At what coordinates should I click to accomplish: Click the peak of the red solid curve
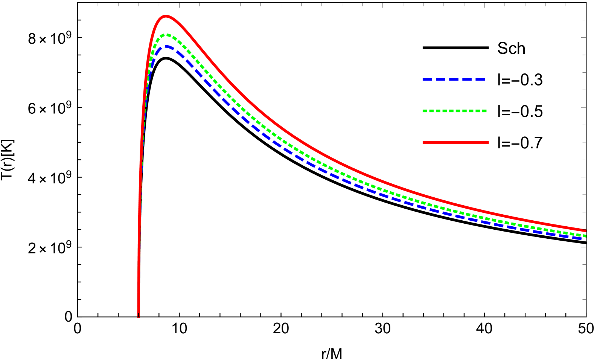(x=166, y=16)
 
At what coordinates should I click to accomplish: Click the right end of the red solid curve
(x=586, y=230)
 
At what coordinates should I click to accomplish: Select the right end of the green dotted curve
(x=586, y=236)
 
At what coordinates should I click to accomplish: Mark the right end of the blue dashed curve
(x=585, y=239)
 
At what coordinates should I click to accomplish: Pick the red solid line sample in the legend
(x=455, y=142)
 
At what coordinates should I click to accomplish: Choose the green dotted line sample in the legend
(x=455, y=111)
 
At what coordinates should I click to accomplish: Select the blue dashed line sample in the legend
(x=454, y=80)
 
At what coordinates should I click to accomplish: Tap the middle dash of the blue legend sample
(x=454, y=80)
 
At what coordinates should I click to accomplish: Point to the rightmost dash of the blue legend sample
(x=481, y=80)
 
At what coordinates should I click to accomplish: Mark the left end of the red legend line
(x=423, y=142)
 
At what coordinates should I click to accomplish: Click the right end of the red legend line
(x=488, y=142)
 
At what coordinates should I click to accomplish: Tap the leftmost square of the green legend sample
(x=425, y=111)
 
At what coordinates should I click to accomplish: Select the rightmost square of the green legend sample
(x=485, y=111)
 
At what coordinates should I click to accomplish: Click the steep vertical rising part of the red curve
(x=140, y=188)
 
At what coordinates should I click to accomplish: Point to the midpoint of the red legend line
(x=455, y=142)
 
